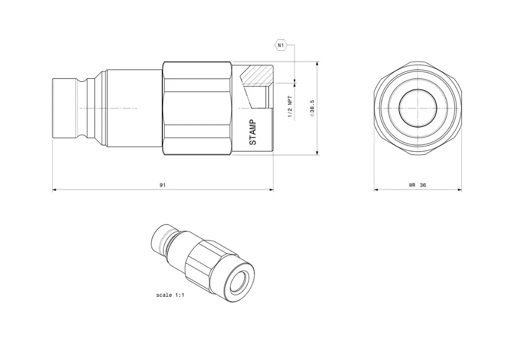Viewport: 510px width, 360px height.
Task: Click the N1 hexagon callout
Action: tap(281, 45)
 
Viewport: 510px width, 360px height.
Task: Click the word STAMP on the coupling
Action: tap(253, 132)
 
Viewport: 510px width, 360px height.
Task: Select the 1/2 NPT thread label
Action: tap(290, 106)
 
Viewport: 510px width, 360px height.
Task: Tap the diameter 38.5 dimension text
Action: tap(312, 108)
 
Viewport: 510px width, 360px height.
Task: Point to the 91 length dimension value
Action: tap(162, 185)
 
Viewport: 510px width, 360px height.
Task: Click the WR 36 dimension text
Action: tap(417, 185)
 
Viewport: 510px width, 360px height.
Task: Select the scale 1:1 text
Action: tap(170, 295)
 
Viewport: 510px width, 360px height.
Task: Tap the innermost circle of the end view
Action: tap(418, 108)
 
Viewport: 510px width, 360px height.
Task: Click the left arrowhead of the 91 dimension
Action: tap(55, 189)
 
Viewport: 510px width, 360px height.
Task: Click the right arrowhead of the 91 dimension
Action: tap(271, 189)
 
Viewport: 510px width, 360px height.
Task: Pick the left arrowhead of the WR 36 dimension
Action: tap(377, 189)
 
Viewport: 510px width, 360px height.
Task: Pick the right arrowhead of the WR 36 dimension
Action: tap(459, 189)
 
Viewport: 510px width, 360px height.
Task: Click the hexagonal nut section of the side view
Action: tap(197, 108)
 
